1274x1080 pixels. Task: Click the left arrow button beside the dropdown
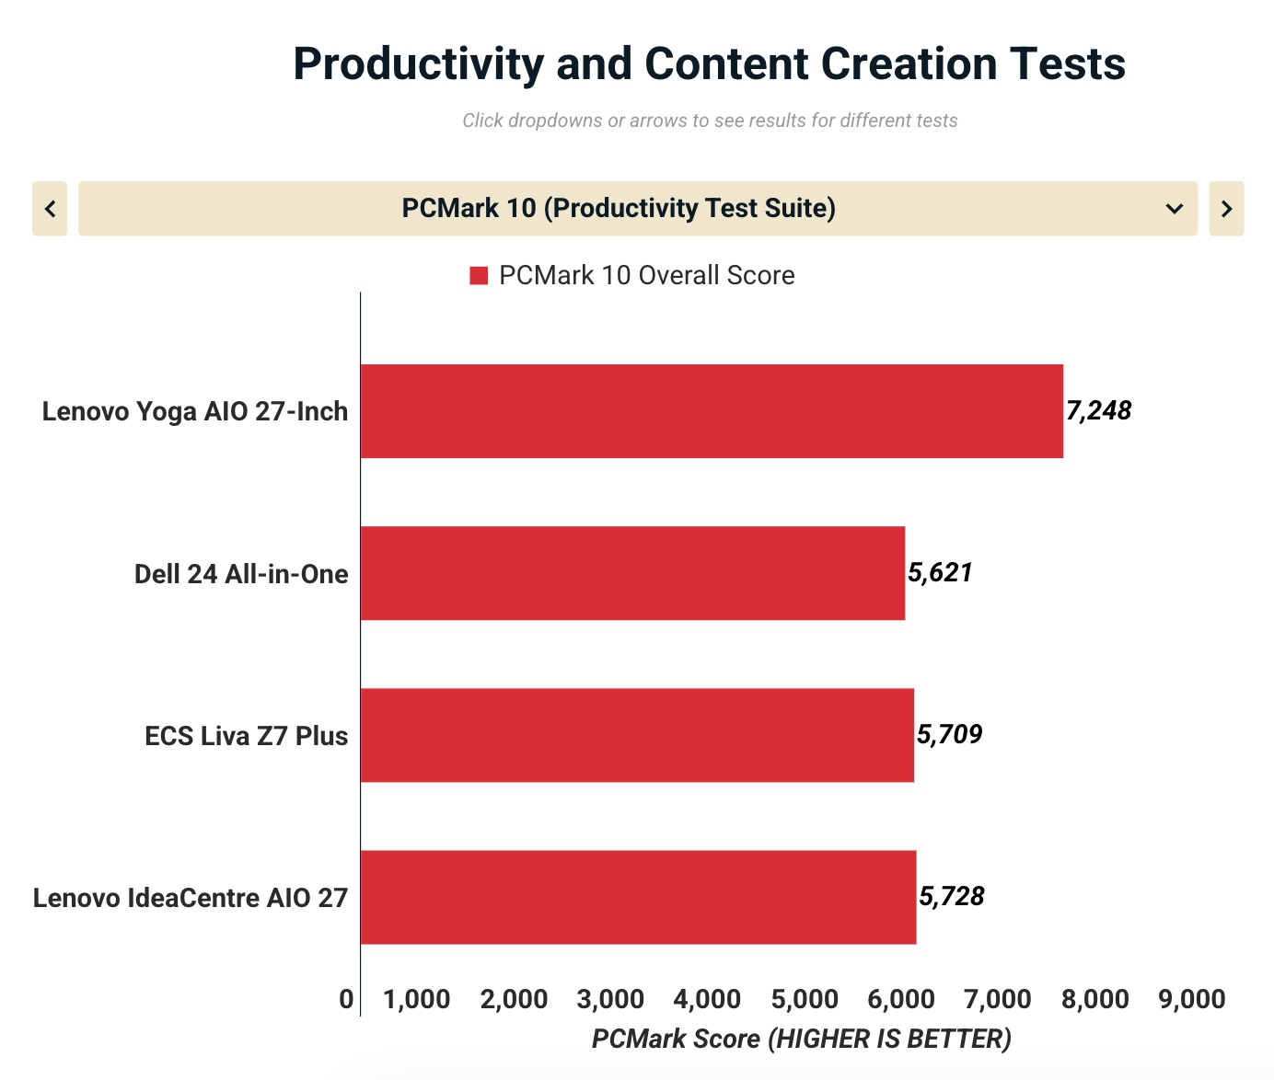click(50, 209)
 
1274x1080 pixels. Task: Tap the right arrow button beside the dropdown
click(1226, 209)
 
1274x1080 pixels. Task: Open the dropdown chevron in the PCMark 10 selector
click(1174, 209)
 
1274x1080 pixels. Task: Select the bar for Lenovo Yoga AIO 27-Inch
click(711, 411)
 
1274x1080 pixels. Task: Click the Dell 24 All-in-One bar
click(632, 573)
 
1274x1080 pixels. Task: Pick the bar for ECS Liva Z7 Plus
click(637, 735)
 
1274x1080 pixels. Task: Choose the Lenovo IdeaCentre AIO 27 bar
click(638, 897)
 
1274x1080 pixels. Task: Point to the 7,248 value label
click(1098, 410)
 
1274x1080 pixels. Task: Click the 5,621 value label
click(940, 572)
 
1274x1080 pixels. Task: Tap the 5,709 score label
click(949, 734)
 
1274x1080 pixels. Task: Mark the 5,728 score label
click(952, 896)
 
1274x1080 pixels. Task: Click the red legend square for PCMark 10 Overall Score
click(479, 276)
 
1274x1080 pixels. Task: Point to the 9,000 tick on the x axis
click(1192, 999)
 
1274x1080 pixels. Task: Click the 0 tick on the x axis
click(346, 999)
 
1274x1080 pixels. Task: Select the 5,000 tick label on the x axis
click(805, 999)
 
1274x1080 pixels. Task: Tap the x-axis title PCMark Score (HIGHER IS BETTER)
click(801, 1039)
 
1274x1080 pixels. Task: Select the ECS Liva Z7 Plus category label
click(246, 736)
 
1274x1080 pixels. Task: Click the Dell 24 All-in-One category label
click(241, 574)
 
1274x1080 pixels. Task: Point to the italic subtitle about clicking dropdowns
click(710, 121)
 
